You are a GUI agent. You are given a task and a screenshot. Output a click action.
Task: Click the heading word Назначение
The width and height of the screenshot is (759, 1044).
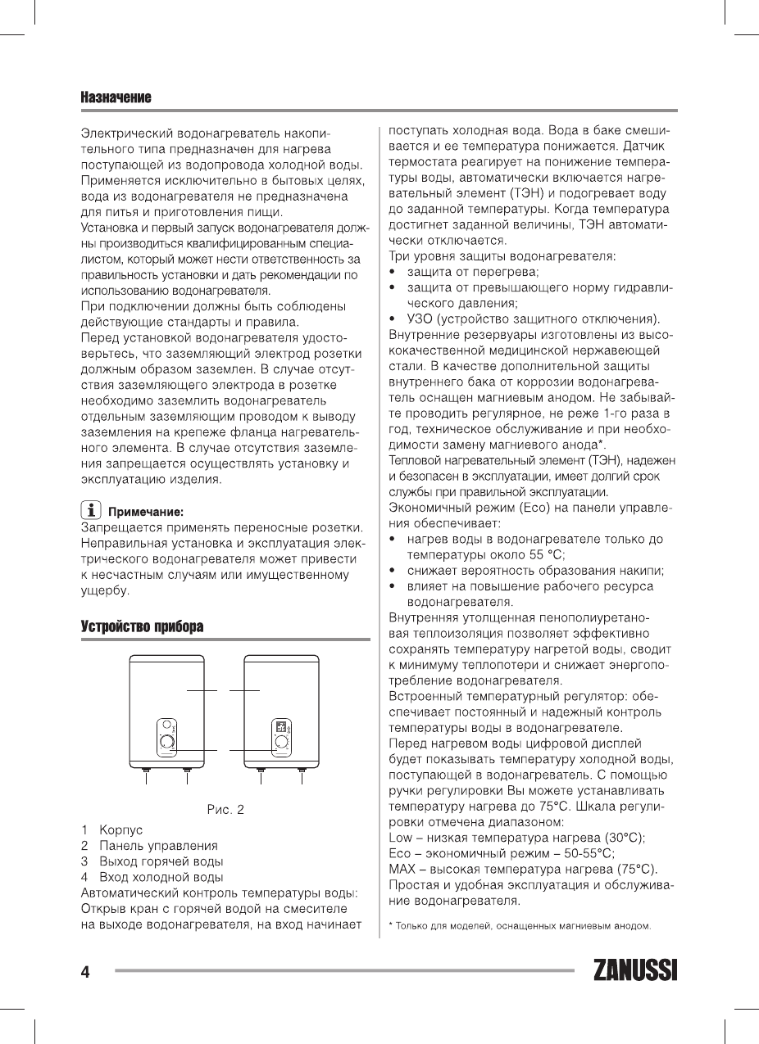click(116, 98)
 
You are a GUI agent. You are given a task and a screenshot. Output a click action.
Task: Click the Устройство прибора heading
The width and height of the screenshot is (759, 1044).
click(141, 626)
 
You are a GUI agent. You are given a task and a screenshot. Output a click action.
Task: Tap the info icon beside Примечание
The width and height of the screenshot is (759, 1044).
click(90, 510)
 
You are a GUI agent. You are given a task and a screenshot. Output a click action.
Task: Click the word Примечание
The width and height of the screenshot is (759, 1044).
click(146, 511)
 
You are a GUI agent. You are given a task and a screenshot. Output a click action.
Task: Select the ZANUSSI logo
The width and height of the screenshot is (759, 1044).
click(636, 971)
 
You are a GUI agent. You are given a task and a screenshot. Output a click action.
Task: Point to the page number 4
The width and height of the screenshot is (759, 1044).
click(85, 972)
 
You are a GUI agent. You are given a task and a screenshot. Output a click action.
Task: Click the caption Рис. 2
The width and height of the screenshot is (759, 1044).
click(225, 810)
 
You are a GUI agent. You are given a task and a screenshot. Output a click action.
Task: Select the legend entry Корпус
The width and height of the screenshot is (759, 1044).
click(120, 829)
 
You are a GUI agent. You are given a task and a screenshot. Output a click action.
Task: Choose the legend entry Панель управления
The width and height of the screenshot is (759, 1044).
click(158, 845)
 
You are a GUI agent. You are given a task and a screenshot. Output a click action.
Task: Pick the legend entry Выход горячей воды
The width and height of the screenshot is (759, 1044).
click(161, 861)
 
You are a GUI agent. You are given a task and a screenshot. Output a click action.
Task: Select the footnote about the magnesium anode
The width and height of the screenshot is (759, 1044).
click(520, 926)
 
